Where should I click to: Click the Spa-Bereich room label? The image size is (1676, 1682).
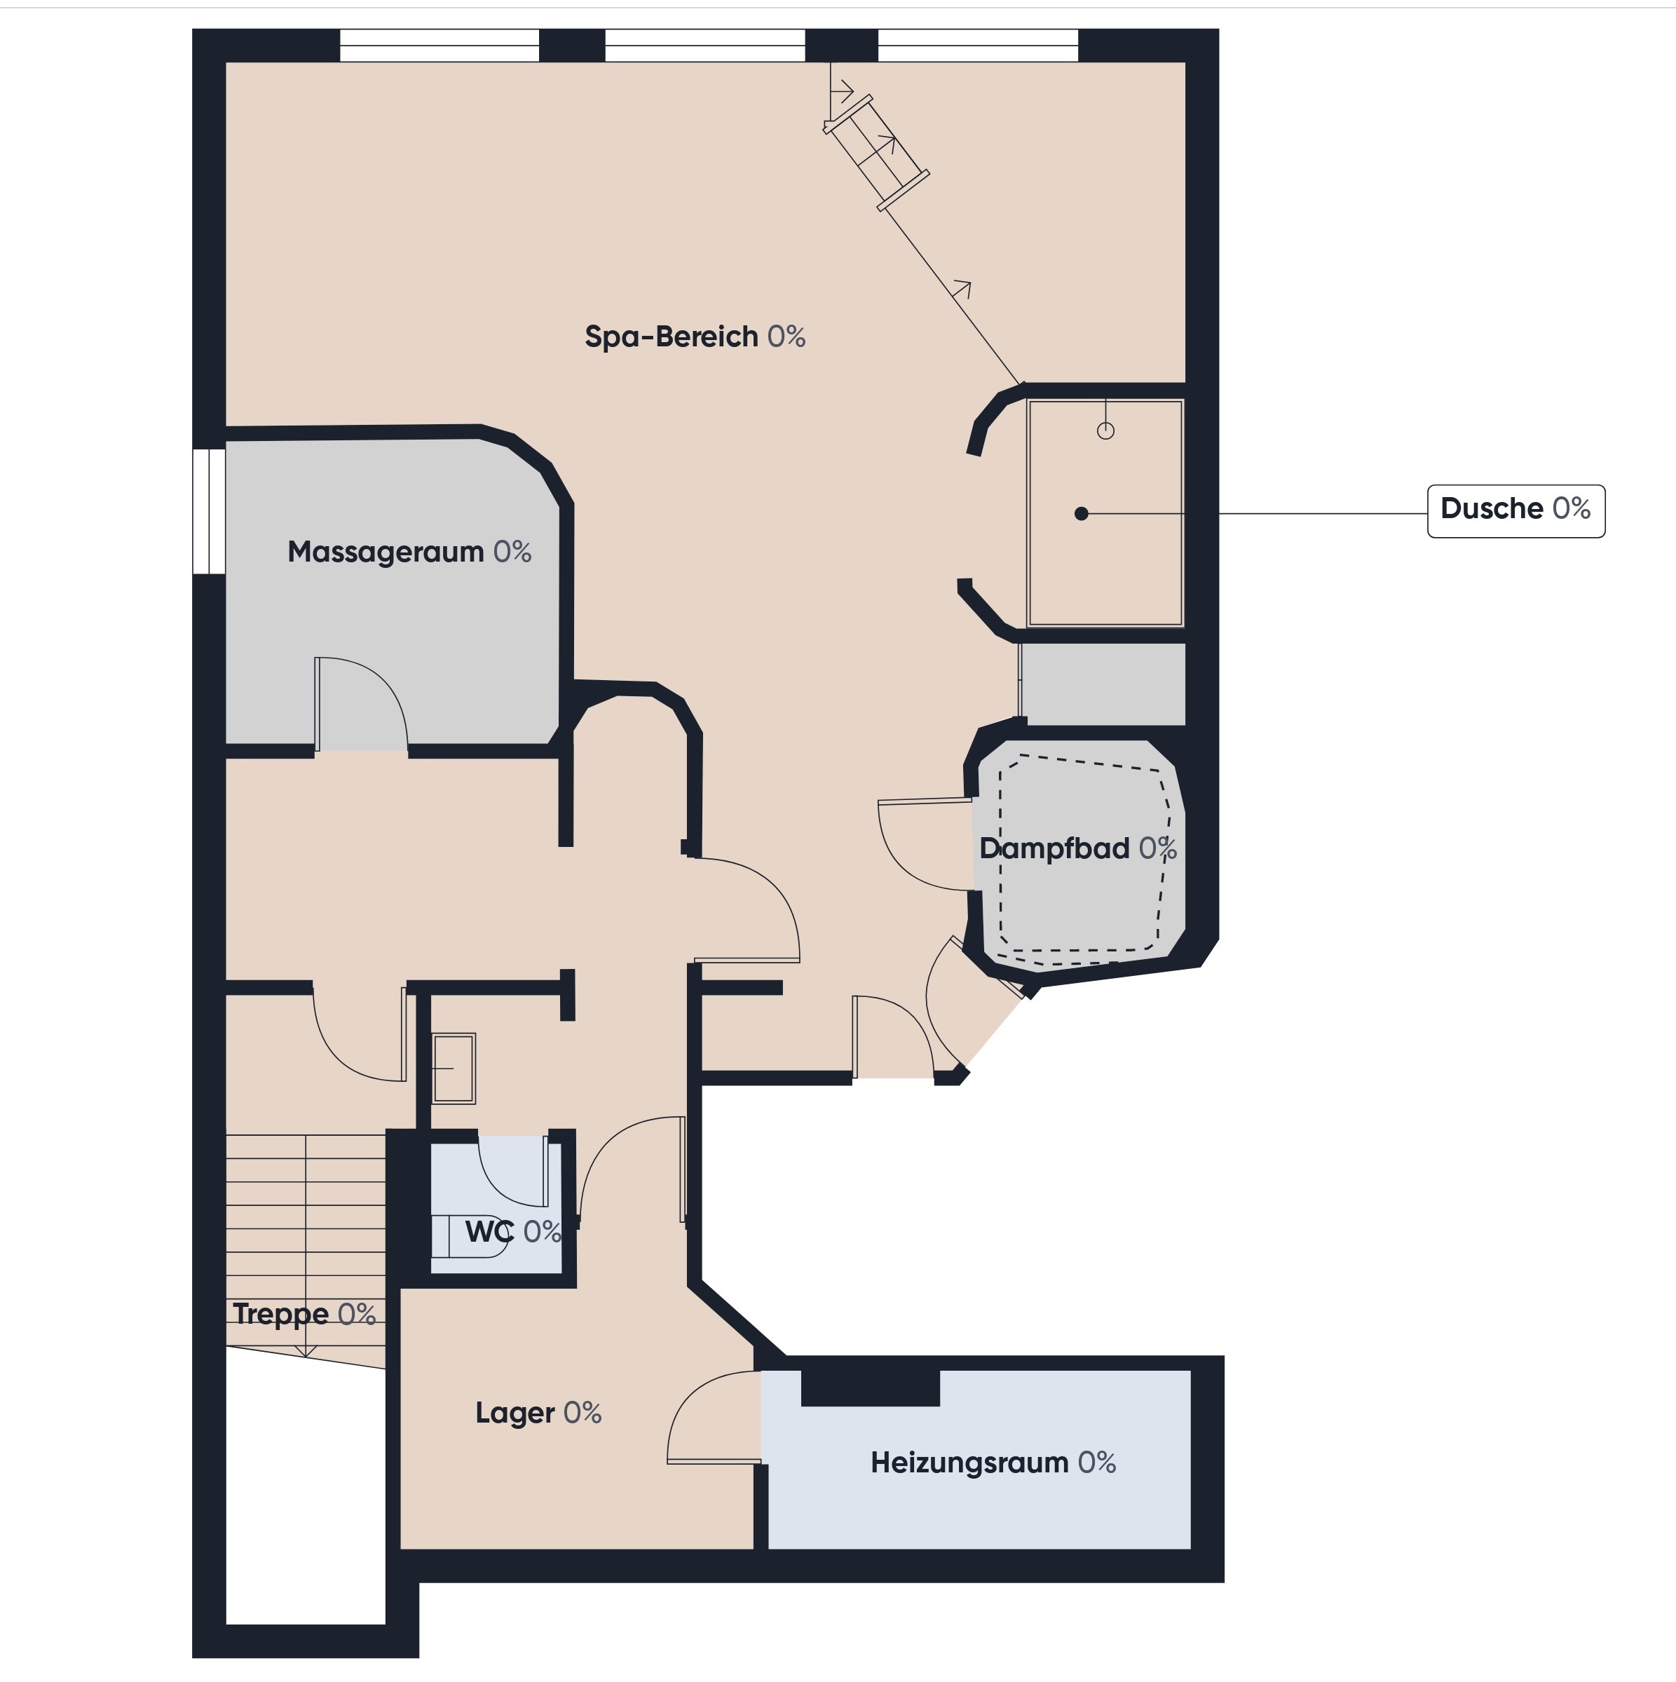(x=695, y=337)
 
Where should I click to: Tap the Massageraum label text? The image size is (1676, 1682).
(x=409, y=552)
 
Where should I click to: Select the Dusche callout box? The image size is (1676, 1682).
(x=1516, y=511)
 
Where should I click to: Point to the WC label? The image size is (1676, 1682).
(x=512, y=1231)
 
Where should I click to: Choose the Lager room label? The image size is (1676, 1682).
(x=538, y=1412)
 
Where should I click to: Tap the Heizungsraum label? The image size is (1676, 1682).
(x=993, y=1462)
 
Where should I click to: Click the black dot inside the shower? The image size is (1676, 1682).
(x=1082, y=514)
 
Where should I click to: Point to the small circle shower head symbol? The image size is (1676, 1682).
(x=1105, y=430)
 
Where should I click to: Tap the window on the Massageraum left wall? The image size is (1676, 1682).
(x=209, y=511)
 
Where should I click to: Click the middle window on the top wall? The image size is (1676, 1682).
(x=705, y=46)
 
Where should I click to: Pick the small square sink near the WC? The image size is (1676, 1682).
(x=454, y=1069)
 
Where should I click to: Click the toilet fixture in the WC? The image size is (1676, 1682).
(x=470, y=1237)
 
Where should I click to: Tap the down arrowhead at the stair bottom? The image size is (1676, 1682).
(x=306, y=1350)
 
